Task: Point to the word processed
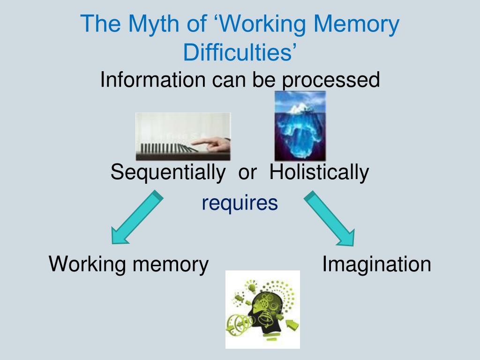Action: point(330,80)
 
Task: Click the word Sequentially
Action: point(167,172)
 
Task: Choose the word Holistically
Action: point(319,172)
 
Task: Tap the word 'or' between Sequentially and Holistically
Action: point(247,173)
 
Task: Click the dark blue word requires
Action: point(240,203)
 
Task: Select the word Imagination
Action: point(376,264)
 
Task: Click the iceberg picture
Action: point(300,126)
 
